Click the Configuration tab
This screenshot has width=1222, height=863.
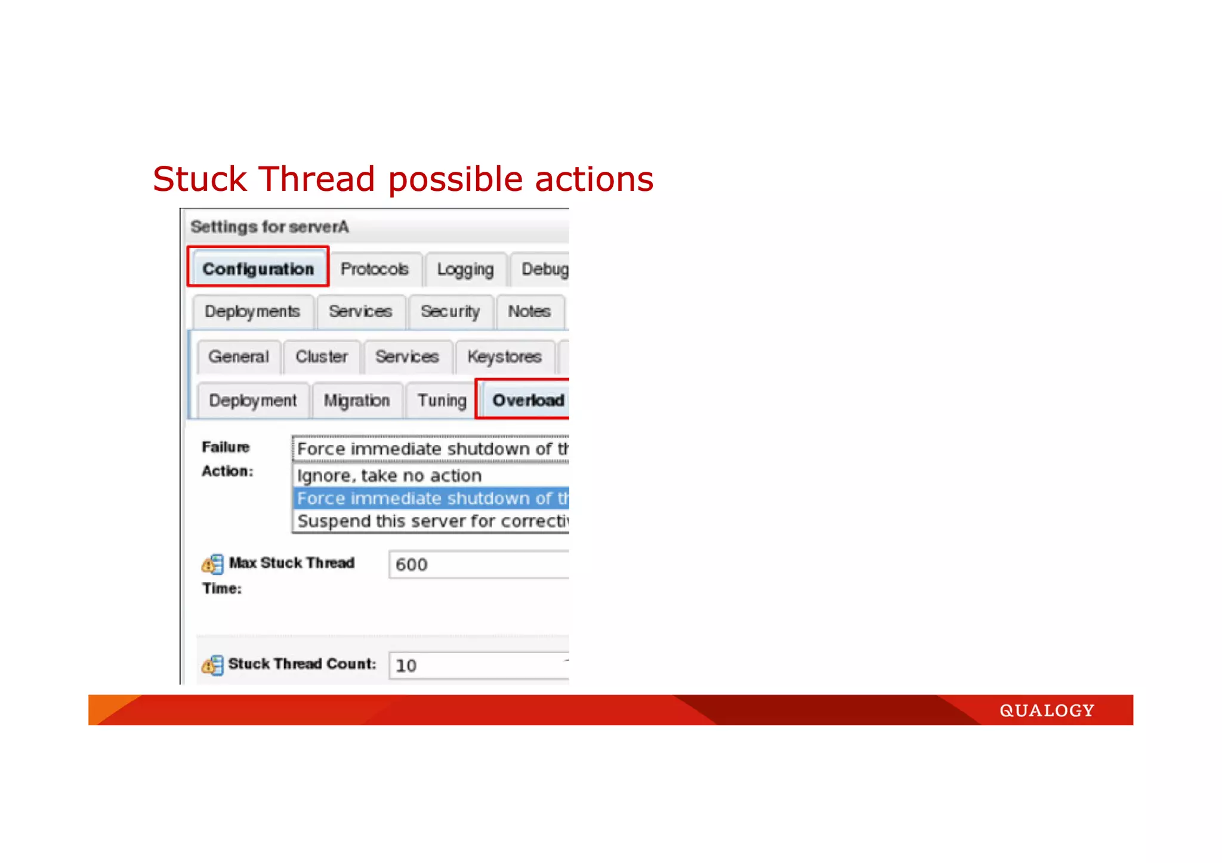click(x=258, y=268)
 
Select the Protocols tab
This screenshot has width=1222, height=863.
click(x=375, y=269)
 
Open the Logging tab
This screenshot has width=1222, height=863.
click(x=465, y=270)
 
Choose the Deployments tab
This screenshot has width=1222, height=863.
click(x=252, y=311)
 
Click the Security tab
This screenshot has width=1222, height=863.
click(x=450, y=311)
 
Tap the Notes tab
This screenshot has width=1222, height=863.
click(x=529, y=311)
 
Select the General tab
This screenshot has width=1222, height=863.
click(x=239, y=357)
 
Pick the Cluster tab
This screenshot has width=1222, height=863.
click(x=322, y=357)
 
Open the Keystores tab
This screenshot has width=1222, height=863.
click(x=504, y=357)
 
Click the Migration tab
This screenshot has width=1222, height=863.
click(x=357, y=400)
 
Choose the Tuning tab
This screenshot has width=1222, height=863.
click(x=442, y=400)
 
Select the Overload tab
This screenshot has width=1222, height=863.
click(x=527, y=400)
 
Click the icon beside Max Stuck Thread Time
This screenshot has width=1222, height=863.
click(x=212, y=564)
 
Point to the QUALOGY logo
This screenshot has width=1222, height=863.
click(x=1047, y=710)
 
